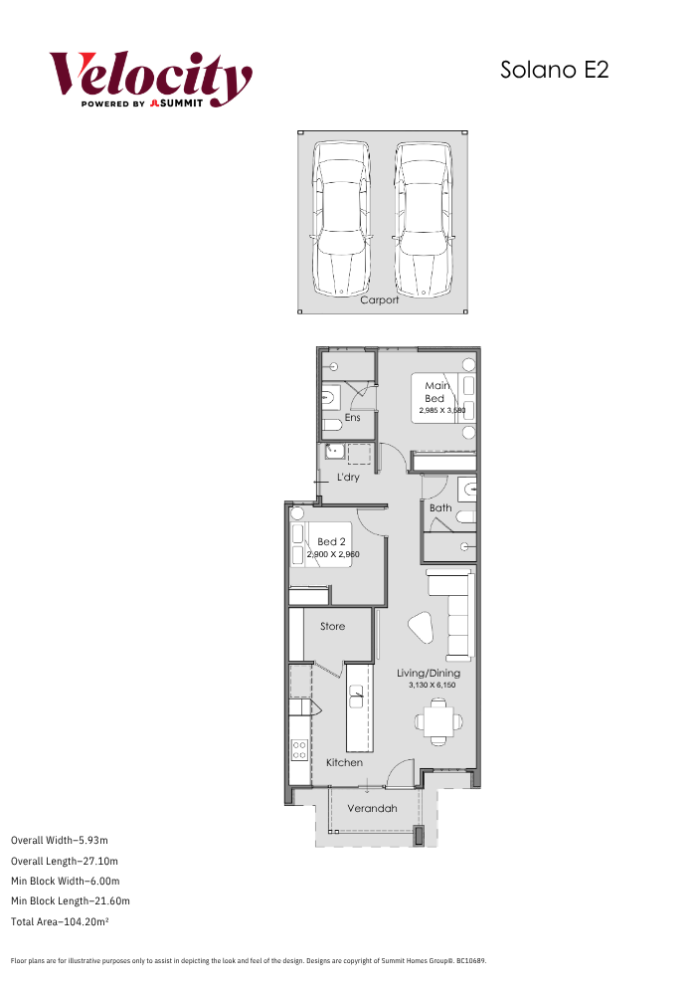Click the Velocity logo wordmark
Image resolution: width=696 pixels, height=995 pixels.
pos(151,79)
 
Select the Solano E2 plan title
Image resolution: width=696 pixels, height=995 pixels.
pos(554,70)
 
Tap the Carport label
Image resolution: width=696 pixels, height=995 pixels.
pos(379,300)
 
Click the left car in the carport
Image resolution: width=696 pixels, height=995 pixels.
pos(340,219)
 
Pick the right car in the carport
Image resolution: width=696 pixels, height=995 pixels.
pos(423,219)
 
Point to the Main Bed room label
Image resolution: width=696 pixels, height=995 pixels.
pos(436,391)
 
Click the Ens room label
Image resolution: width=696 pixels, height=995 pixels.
pos(352,418)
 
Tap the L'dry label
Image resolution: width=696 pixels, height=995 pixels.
pos(348,477)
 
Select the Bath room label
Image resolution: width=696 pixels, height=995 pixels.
pos(440,507)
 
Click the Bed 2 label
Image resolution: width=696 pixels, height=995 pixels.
pos(331,541)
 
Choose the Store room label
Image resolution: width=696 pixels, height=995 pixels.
pos(332,626)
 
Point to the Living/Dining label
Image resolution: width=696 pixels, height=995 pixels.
pos(429,674)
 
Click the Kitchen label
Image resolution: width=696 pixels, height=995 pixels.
pos(344,762)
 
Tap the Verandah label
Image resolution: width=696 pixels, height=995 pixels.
pos(372,808)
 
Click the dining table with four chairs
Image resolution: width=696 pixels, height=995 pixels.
pos(438,721)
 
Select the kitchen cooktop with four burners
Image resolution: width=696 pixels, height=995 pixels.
pos(299,750)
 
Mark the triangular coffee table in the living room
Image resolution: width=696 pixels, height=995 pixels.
pos(421,628)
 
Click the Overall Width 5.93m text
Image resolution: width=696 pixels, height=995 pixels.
pos(60,840)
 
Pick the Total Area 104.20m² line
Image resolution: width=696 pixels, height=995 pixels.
pos(60,921)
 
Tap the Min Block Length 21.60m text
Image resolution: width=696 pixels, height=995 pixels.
pos(71,901)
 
